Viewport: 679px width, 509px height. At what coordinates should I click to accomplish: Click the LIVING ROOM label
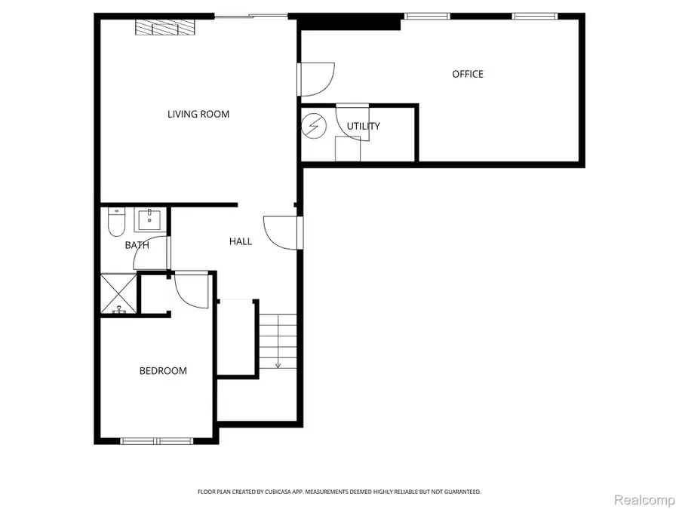click(198, 114)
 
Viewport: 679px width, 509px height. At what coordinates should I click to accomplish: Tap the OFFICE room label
click(468, 74)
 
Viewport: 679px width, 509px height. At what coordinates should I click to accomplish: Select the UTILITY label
click(364, 126)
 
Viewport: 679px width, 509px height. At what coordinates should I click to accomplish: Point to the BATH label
click(137, 245)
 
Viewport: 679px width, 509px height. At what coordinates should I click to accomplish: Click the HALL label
click(241, 241)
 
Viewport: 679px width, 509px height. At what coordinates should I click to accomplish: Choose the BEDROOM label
click(163, 371)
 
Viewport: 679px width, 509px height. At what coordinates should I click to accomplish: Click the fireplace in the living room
click(165, 27)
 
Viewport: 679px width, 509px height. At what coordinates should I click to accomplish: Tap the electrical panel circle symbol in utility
click(312, 126)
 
